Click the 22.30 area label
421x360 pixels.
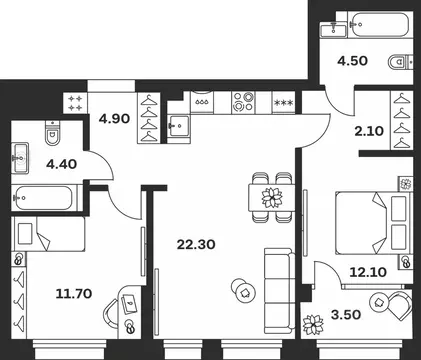(196, 245)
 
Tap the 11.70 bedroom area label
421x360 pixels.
(74, 294)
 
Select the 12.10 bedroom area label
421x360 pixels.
(368, 272)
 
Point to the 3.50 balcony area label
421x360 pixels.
(346, 314)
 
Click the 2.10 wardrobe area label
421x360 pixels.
(369, 131)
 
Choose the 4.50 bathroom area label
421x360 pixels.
(352, 61)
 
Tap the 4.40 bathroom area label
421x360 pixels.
(62, 164)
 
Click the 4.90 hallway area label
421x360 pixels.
(114, 119)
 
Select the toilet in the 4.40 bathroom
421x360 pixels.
(52, 133)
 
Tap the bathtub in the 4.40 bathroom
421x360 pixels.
(44, 198)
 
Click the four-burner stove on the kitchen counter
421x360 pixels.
(243, 102)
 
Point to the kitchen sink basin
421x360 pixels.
(179, 126)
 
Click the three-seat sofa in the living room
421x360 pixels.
(279, 291)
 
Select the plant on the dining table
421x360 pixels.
(272, 198)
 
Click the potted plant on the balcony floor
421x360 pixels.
(313, 325)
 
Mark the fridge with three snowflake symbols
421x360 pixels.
(283, 102)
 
